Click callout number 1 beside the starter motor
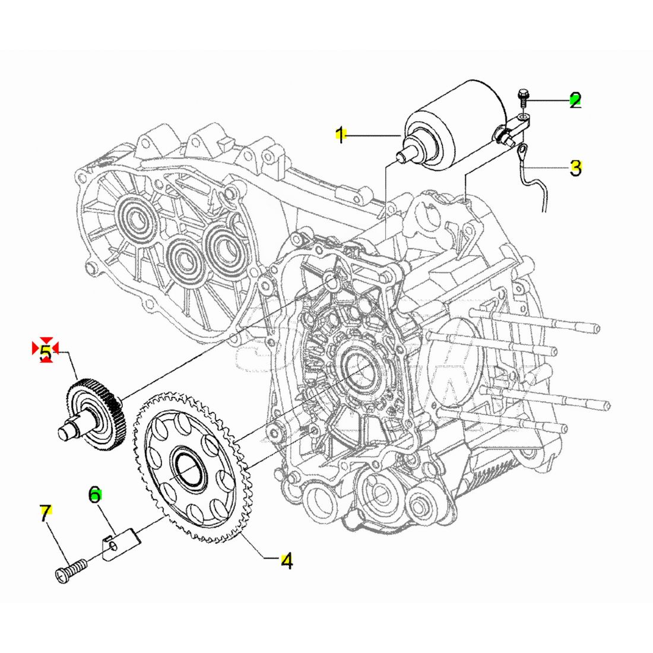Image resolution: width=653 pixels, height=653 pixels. point(341,135)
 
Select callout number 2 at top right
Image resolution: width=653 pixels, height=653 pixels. point(575,100)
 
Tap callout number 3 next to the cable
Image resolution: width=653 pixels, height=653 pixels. point(576,168)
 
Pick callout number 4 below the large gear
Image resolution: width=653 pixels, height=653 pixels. point(287,562)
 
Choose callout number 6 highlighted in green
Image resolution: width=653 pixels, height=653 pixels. point(95,494)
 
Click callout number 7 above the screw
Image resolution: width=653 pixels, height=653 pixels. point(46,513)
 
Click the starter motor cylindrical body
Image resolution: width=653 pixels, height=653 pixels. point(454,125)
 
